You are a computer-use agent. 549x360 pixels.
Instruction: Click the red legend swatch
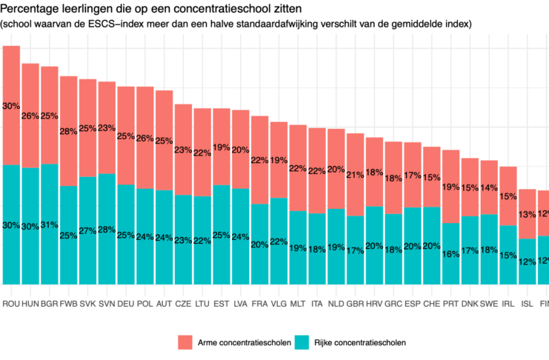(184, 342)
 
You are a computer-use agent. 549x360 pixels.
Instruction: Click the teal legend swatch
(302, 342)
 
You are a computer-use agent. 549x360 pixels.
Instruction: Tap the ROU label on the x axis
(11, 304)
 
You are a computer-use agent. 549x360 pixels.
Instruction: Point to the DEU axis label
(125, 304)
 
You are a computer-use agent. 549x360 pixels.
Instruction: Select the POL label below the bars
(145, 304)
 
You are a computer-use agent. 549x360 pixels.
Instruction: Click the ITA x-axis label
(316, 304)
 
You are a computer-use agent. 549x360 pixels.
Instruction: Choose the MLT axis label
(297, 304)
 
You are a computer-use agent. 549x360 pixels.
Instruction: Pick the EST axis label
(221, 304)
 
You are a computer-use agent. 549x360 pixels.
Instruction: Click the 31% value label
(49, 224)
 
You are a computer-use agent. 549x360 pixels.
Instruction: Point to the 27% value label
(87, 230)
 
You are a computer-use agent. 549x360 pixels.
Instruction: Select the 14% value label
(489, 187)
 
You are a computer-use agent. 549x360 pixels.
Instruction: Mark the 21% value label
(355, 175)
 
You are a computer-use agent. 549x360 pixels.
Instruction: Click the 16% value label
(450, 254)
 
